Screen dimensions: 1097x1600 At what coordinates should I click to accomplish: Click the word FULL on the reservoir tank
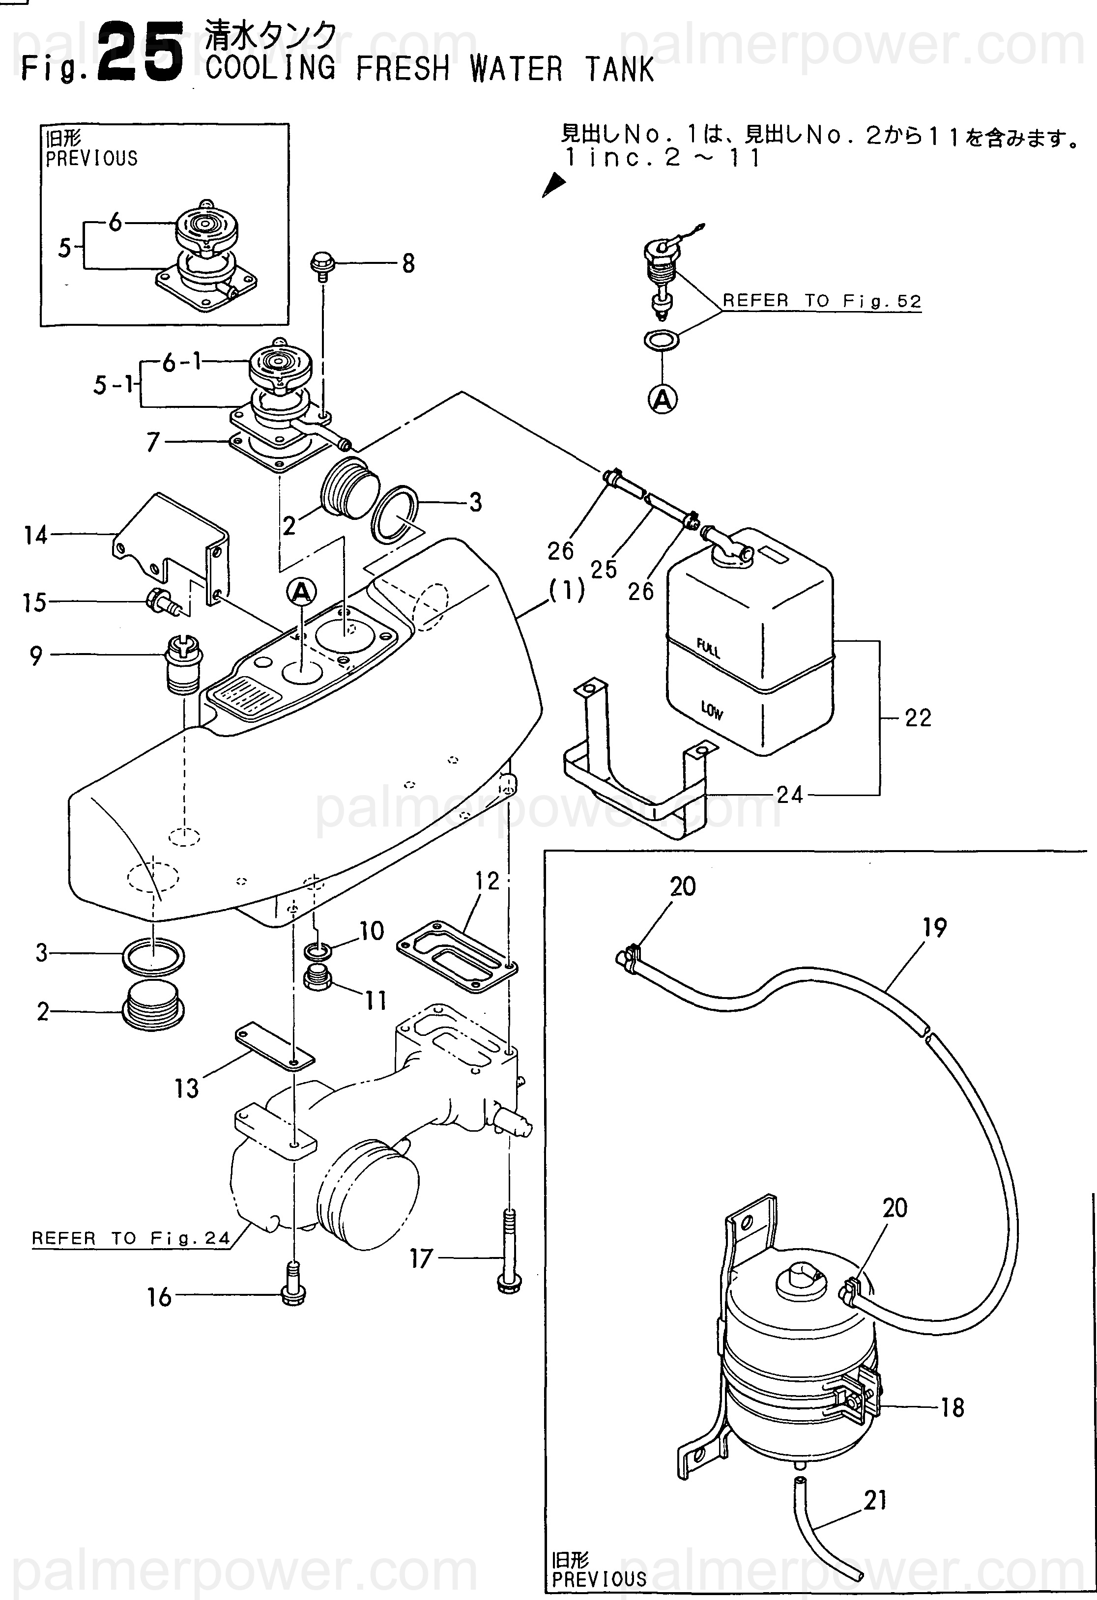point(708,648)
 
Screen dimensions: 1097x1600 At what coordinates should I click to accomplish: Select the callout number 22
point(918,718)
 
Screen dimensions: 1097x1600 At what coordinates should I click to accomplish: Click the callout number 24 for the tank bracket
point(789,795)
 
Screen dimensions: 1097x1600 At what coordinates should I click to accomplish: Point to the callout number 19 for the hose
point(934,927)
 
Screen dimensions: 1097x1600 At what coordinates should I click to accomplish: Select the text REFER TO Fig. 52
point(822,301)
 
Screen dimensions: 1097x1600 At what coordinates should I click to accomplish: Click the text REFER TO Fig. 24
point(131,1238)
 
